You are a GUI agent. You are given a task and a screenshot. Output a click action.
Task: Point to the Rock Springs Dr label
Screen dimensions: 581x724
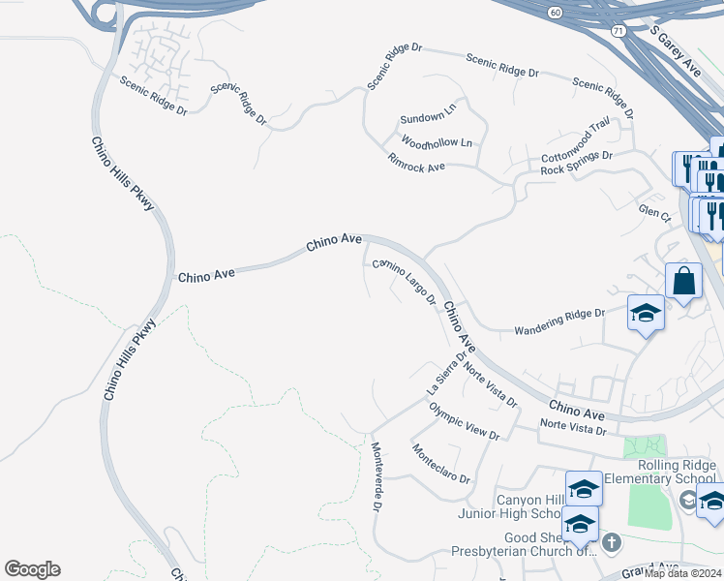(577, 162)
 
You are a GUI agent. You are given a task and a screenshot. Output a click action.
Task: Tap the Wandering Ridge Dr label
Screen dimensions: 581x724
(558, 314)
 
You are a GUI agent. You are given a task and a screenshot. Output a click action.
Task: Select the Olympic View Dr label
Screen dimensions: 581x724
(464, 421)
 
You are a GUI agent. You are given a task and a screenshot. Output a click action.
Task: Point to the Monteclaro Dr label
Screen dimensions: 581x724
(440, 465)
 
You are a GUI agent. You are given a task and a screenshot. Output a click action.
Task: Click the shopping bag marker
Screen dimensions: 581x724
(683, 281)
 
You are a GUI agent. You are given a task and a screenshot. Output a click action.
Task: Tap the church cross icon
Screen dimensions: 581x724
(611, 542)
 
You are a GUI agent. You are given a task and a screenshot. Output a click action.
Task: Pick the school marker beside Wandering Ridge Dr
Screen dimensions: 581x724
(646, 314)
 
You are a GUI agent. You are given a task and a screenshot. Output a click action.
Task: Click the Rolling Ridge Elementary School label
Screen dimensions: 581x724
(661, 472)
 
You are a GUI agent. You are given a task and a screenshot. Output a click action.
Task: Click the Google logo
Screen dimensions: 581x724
(32, 569)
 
